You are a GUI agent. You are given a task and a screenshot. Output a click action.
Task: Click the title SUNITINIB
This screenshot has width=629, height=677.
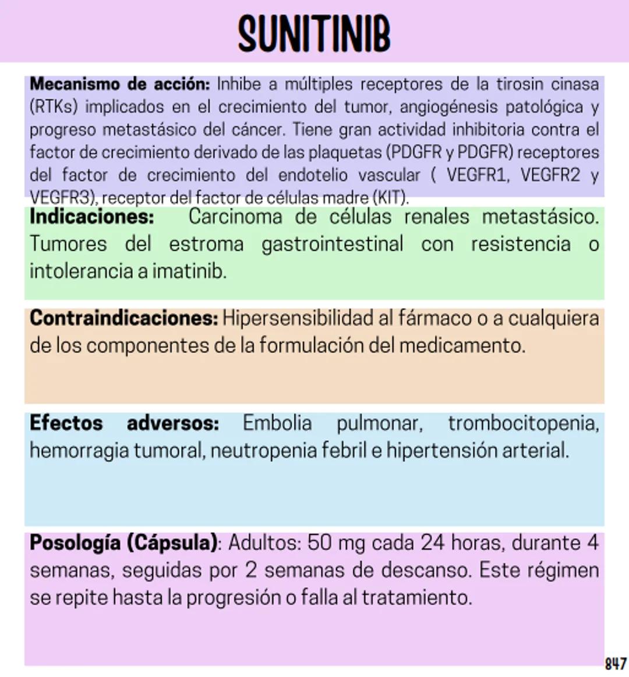(x=314, y=34)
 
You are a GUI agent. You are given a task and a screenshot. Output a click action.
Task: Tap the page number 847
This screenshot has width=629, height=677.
(x=616, y=664)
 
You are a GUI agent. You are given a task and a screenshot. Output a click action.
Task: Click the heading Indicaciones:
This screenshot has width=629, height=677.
(x=92, y=217)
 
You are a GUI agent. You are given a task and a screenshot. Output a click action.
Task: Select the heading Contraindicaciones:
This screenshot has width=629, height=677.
(x=123, y=318)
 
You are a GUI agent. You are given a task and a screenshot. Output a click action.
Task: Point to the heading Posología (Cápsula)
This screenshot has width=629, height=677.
(x=123, y=543)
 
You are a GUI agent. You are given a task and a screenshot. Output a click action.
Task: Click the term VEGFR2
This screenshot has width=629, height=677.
(x=550, y=175)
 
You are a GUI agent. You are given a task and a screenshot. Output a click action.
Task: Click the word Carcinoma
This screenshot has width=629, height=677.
(x=235, y=217)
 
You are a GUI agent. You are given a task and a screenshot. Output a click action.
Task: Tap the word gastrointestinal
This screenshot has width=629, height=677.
(x=332, y=244)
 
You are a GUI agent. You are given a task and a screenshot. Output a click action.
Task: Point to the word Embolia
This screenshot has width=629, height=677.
(x=277, y=423)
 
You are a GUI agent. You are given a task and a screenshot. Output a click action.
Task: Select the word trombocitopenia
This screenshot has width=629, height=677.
(x=523, y=423)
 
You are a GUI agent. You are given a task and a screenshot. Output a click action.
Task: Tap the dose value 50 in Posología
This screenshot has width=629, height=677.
(x=319, y=543)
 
